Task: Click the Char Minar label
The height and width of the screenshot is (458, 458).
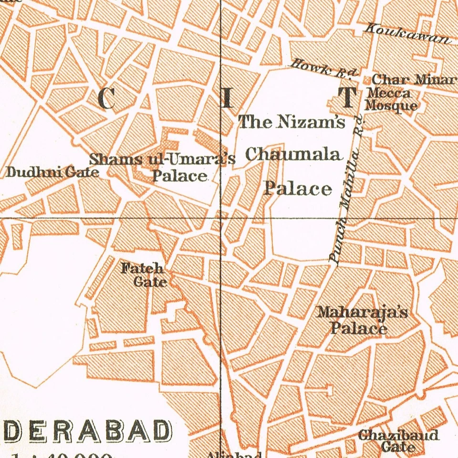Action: pyautogui.click(x=413, y=80)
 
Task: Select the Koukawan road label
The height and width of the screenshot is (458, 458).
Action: pyautogui.click(x=407, y=34)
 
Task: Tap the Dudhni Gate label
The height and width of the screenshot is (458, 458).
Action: pyautogui.click(x=52, y=172)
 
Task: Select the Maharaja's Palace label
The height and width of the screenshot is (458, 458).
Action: pyautogui.click(x=363, y=320)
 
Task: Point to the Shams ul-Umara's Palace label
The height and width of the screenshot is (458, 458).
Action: pyautogui.click(x=163, y=167)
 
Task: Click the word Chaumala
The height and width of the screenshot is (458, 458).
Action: pyautogui.click(x=294, y=155)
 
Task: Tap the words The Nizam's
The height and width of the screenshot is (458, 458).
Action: pyautogui.click(x=291, y=122)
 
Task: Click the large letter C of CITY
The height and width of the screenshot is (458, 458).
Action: pyautogui.click(x=106, y=99)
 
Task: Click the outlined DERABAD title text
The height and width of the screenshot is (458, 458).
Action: pyautogui.click(x=88, y=431)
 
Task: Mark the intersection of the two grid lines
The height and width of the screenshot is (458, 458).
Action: pyautogui.click(x=220, y=218)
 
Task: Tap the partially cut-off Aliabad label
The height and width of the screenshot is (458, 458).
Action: pyautogui.click(x=234, y=454)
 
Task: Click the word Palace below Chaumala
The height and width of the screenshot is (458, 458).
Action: pyautogui.click(x=298, y=189)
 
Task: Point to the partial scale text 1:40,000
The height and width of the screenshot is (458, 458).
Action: pyautogui.click(x=62, y=454)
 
